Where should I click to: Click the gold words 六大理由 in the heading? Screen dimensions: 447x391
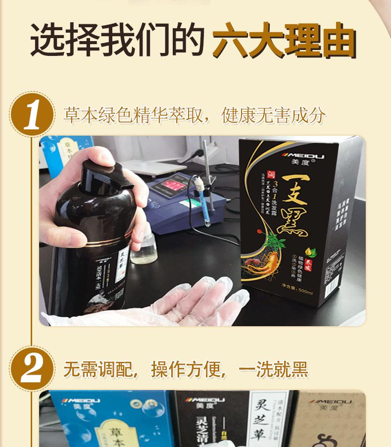pos(284,39)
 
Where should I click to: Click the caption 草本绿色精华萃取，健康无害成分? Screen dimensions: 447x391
pos(195,115)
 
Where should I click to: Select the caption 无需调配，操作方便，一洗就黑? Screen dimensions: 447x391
pos(186,370)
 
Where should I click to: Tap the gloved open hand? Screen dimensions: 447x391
pos(203,299)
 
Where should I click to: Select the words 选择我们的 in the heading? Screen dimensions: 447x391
pos(117,39)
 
